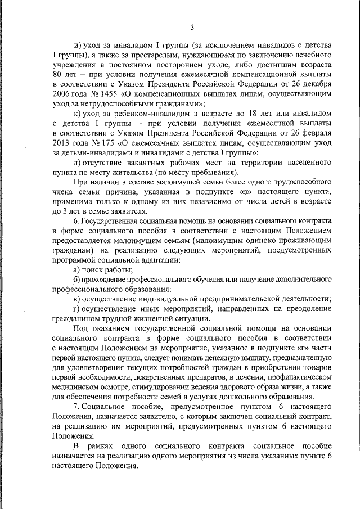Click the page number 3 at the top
(192, 27)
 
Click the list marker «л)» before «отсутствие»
(78, 162)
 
